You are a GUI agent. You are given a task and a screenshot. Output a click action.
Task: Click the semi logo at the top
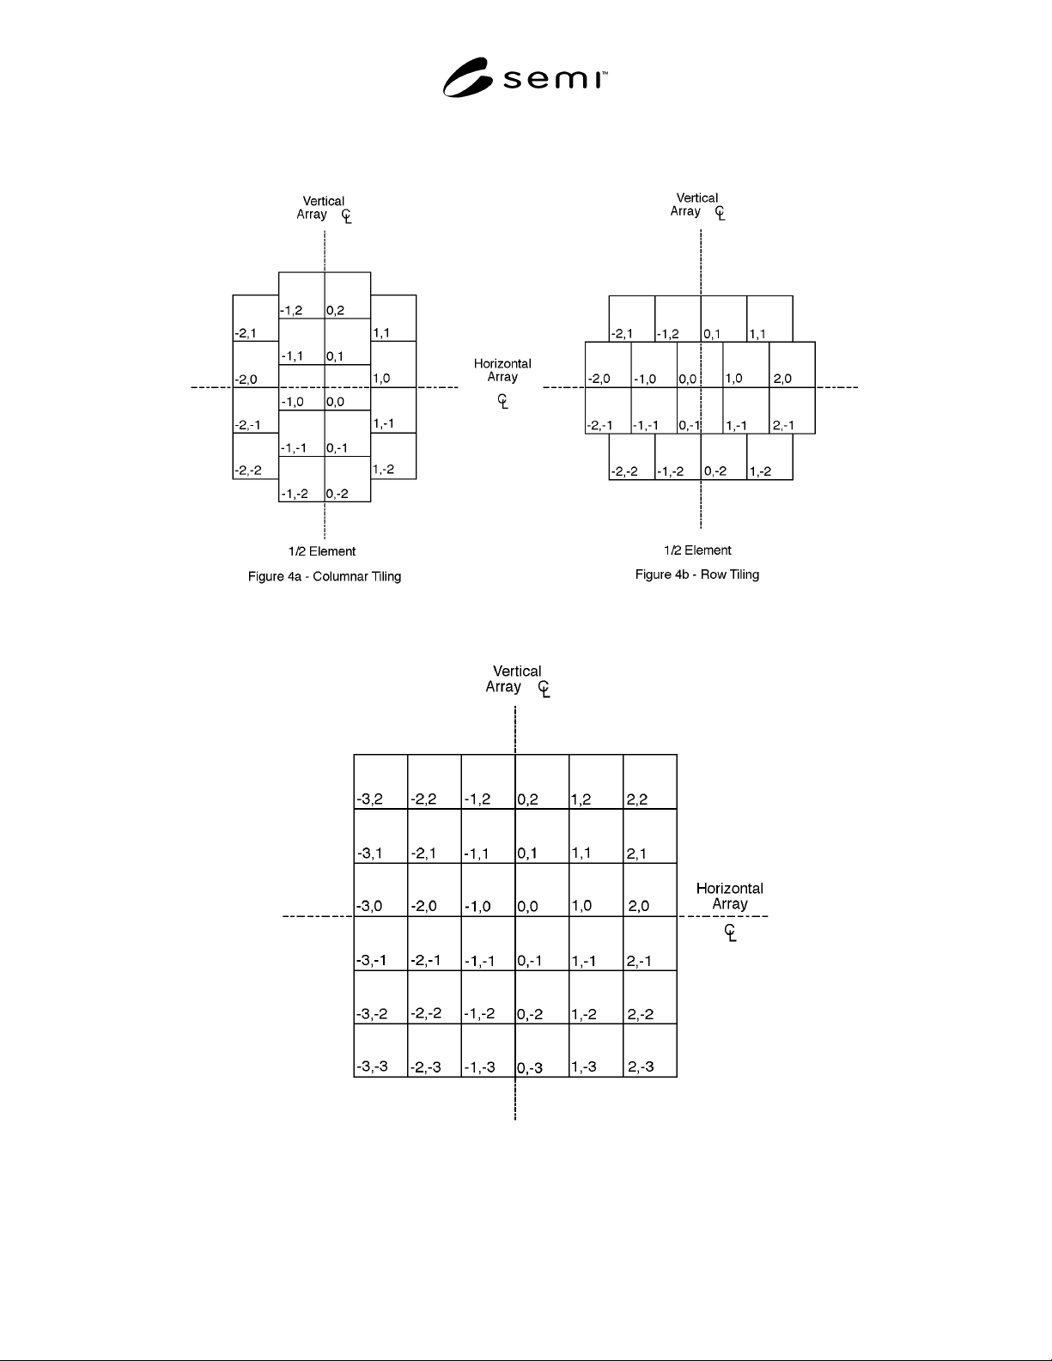point(525,77)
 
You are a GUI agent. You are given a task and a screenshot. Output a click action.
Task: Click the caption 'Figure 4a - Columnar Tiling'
point(325,576)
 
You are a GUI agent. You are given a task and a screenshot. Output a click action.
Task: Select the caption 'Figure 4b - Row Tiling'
point(697,574)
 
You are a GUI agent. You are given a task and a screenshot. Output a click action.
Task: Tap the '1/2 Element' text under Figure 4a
point(322,551)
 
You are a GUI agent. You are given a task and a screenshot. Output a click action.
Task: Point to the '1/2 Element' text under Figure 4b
point(697,550)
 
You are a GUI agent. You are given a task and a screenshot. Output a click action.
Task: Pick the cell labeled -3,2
point(380,781)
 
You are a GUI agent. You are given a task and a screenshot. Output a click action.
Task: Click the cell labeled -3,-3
point(380,1050)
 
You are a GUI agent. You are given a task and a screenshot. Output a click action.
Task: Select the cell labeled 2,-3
point(650,1050)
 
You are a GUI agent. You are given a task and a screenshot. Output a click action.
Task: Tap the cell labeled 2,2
point(650,781)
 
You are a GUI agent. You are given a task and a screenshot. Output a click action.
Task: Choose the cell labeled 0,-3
point(542,1050)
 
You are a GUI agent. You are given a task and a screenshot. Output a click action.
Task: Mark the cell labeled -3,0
point(380,890)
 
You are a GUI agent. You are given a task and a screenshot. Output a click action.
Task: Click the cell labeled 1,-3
point(596,1050)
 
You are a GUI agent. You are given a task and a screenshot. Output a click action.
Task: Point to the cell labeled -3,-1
point(380,944)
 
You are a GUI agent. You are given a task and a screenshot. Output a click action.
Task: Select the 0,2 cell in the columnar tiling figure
point(348,295)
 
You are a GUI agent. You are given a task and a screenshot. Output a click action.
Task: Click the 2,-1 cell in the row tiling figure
point(792,410)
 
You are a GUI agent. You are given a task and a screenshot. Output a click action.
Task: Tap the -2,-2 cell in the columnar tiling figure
point(256,456)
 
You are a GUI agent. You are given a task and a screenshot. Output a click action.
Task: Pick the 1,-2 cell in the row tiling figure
point(769,457)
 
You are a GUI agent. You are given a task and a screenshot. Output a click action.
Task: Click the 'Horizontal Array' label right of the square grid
point(729,896)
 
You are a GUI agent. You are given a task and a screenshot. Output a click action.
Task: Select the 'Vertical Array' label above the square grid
point(514,679)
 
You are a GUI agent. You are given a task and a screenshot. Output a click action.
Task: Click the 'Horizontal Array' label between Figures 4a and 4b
point(502,370)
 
